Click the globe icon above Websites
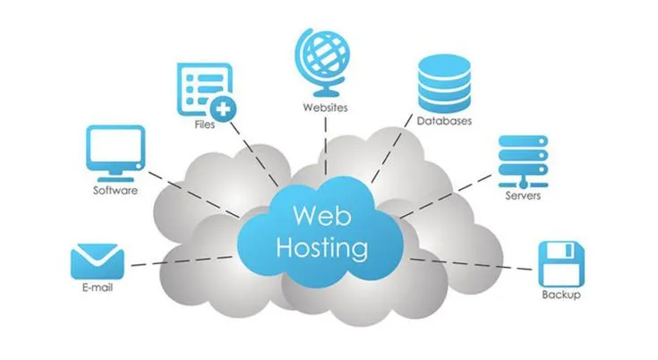click(325, 61)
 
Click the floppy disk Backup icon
click(561, 262)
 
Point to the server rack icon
click(522, 159)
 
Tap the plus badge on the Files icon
click(226, 110)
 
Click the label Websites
click(325, 108)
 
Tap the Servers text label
click(522, 195)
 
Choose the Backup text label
click(561, 296)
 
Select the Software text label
click(115, 191)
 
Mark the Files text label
click(204, 125)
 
